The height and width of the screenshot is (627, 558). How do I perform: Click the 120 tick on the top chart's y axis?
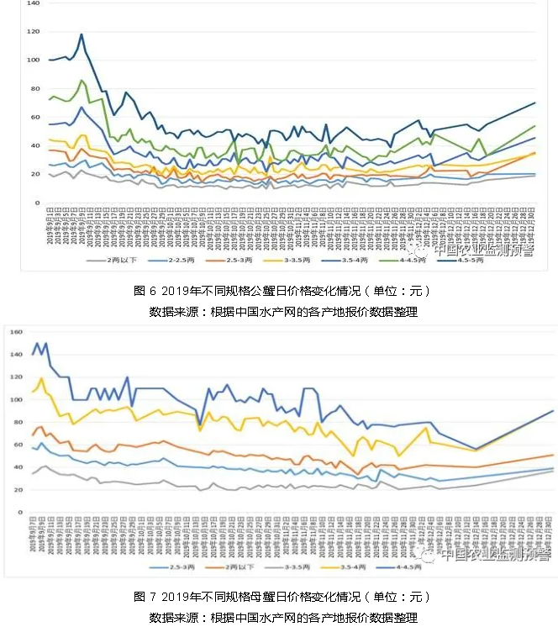point(34,32)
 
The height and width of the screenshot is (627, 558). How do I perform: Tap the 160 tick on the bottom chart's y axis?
point(14,332)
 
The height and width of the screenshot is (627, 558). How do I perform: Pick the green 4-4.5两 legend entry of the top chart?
point(409,261)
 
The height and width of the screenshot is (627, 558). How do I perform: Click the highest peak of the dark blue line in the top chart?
point(82,34)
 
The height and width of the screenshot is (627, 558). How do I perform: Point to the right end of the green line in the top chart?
point(534,126)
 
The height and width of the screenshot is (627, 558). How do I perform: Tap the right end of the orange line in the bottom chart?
point(553,455)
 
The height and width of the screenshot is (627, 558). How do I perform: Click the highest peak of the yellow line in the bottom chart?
point(41,378)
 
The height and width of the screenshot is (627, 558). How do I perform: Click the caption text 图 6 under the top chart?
point(145,291)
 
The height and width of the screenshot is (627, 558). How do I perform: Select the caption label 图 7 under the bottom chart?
point(145,597)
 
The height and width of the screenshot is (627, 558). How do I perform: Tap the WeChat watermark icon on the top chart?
point(419,250)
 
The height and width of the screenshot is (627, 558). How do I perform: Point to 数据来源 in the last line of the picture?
point(173,617)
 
